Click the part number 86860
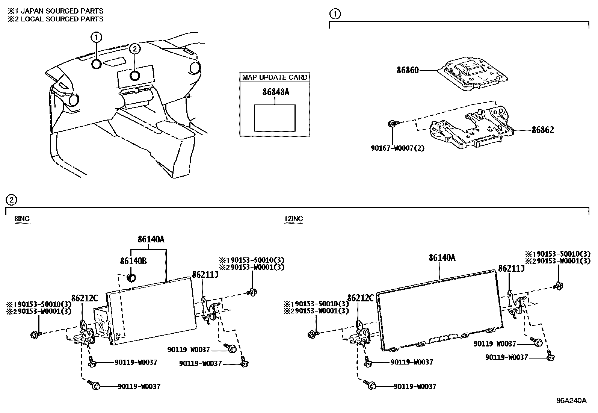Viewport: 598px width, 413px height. coord(408,70)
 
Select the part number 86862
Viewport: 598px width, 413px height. coord(542,130)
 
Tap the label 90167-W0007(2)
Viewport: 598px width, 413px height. coord(397,148)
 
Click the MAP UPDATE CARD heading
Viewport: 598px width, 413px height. coord(275,77)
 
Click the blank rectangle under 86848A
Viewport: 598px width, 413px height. coord(275,118)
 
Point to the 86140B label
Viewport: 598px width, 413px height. coord(133,261)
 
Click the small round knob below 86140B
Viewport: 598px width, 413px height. coord(131,278)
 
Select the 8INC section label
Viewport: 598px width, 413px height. coord(22,219)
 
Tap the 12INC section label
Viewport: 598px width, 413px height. coord(293,219)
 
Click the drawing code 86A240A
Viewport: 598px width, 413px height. coord(571,400)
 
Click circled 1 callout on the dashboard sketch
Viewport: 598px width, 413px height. coord(96,37)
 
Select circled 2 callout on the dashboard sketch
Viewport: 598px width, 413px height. coord(135,48)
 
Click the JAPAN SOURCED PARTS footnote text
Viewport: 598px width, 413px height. coord(62,11)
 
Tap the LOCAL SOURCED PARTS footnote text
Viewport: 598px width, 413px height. coord(62,19)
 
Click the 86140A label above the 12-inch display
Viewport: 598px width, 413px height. coord(442,258)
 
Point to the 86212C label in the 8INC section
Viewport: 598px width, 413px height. coord(85,298)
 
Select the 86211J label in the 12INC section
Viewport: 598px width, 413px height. coord(511,268)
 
